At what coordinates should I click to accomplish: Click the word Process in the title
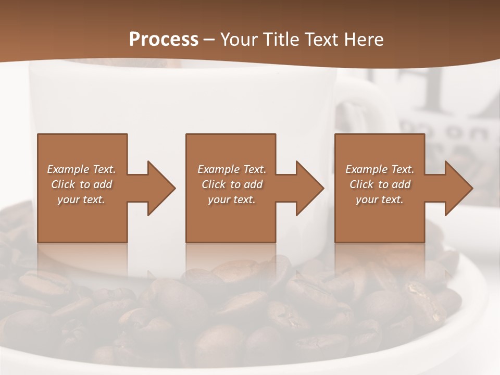point(164,39)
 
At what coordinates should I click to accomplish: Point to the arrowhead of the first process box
point(159,188)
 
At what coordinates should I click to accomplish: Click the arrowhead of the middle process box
point(308,188)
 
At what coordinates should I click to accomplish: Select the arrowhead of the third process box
point(457,188)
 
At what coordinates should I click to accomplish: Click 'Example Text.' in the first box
point(81,169)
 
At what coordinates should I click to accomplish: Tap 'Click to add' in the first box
point(81,184)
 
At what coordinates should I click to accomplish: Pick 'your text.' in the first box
point(81,199)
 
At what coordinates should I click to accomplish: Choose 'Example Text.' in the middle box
point(231,169)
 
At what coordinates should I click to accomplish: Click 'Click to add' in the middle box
point(231,184)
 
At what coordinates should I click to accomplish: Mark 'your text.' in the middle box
point(231,199)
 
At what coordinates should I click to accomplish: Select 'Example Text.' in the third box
point(380,169)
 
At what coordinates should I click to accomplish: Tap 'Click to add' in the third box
point(380,184)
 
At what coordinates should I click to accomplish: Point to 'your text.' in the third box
point(380,199)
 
